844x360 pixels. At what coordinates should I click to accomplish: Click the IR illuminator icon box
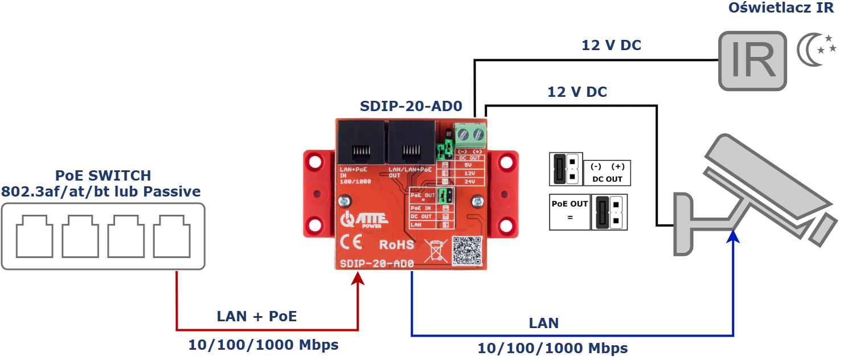click(x=752, y=61)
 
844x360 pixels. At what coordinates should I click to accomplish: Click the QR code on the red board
click(x=467, y=251)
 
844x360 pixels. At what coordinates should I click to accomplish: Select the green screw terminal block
click(x=471, y=134)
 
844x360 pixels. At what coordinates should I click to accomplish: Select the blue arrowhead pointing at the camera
click(x=734, y=236)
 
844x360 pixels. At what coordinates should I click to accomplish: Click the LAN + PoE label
click(x=257, y=317)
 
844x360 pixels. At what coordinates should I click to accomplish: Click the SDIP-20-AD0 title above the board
click(x=411, y=107)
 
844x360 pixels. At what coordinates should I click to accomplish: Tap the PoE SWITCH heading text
click(x=103, y=175)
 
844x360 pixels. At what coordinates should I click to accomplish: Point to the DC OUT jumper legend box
click(x=607, y=172)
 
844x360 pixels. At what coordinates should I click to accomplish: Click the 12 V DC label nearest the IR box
click(x=611, y=46)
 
